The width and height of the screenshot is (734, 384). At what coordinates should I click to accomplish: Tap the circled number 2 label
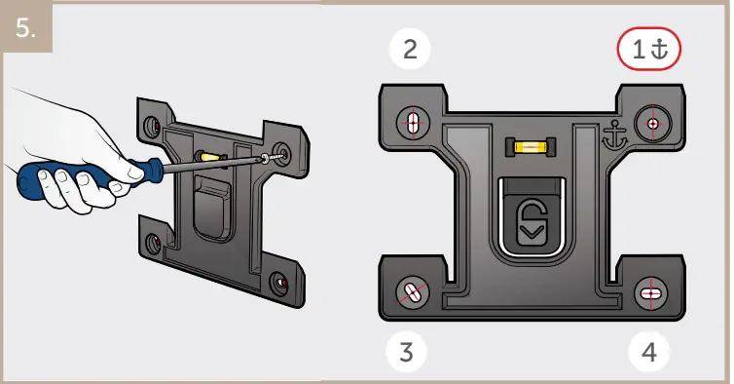click(x=410, y=51)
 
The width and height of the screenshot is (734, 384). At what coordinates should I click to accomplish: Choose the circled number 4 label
click(x=649, y=352)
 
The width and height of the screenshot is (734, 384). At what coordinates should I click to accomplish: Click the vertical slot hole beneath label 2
click(x=413, y=123)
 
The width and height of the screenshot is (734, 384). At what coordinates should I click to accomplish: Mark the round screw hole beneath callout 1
click(x=650, y=123)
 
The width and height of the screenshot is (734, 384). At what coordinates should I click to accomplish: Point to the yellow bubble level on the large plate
click(x=527, y=148)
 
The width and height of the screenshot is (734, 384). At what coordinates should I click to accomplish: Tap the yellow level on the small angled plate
click(x=209, y=155)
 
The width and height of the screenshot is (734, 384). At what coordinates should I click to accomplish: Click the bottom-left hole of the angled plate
click(x=153, y=243)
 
